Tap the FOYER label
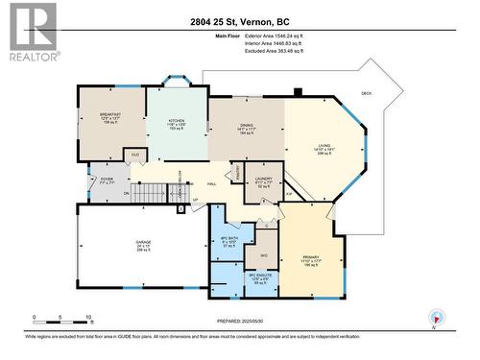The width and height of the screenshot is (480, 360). click(x=106, y=177)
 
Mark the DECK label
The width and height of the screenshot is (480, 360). click(x=366, y=93)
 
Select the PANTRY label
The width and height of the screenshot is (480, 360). click(x=236, y=173)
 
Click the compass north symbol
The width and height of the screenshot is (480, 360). click(x=437, y=318)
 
